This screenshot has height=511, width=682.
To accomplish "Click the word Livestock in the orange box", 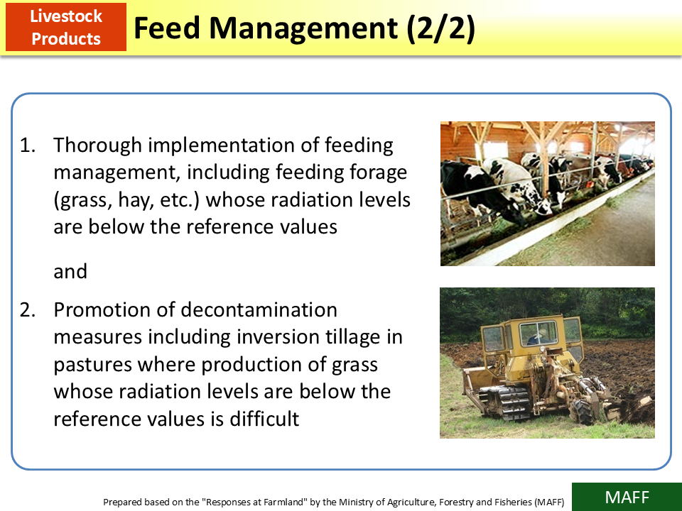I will point(66,16).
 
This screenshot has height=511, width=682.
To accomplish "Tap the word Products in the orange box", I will point(66,38).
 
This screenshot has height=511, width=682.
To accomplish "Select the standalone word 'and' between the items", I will point(70,271).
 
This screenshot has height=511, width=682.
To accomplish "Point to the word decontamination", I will point(259,310).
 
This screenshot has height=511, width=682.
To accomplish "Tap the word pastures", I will point(92,365).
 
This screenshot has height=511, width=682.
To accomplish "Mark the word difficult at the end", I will point(264,419).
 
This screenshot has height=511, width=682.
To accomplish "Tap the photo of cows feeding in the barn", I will point(547,193).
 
